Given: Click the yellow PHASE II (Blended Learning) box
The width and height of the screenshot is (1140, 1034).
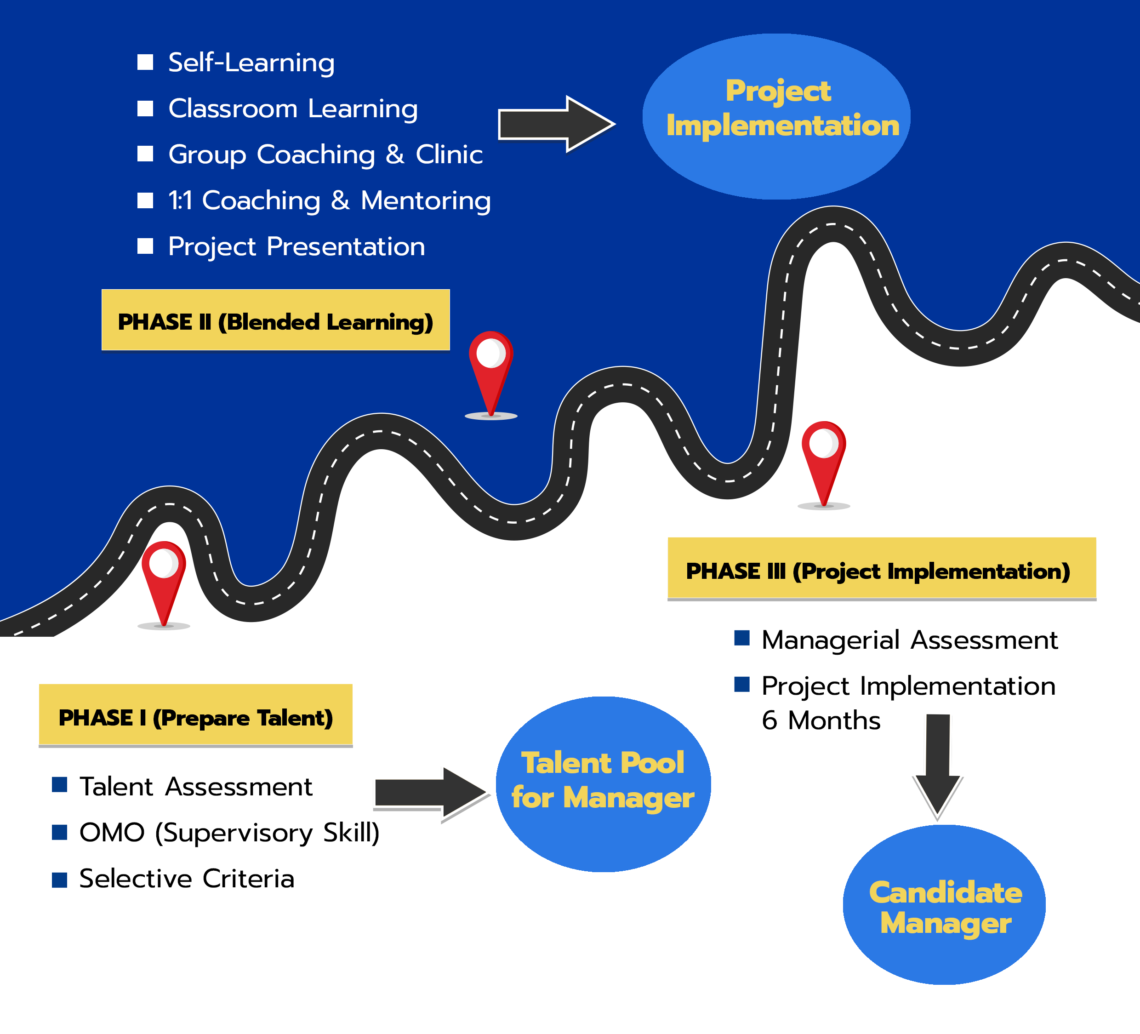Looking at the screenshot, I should (x=275, y=320).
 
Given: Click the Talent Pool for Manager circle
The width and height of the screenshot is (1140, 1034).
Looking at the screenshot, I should (x=603, y=783).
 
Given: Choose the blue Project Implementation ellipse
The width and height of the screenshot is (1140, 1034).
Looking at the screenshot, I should (x=776, y=116).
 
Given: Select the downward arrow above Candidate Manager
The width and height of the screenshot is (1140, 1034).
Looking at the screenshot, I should (x=938, y=764).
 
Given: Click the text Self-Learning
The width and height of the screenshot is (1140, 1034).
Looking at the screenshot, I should (x=251, y=62).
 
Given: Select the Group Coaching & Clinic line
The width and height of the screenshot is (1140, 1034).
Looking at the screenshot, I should (x=325, y=154).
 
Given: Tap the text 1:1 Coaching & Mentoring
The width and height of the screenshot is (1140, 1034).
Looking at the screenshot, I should (x=329, y=200).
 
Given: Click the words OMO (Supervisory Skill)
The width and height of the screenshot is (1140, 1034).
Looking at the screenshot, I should (x=229, y=832).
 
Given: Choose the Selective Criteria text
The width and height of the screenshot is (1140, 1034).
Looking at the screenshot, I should (x=187, y=879).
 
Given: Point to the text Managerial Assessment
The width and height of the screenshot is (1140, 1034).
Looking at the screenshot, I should (x=909, y=640).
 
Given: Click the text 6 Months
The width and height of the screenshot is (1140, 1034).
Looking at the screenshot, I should (x=821, y=720).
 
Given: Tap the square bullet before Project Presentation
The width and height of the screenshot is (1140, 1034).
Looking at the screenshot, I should (x=145, y=246).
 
